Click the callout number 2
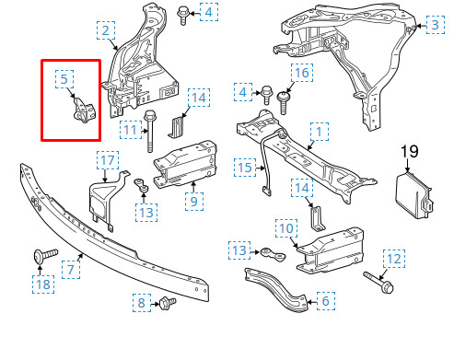point(107,32)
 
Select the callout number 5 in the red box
point(65,79)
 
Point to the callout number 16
point(301,72)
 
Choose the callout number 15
point(243,168)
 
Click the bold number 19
point(410,150)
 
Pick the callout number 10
point(285,226)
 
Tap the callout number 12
point(392,260)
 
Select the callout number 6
point(323,300)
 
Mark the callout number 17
point(108,162)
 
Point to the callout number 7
point(68,270)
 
